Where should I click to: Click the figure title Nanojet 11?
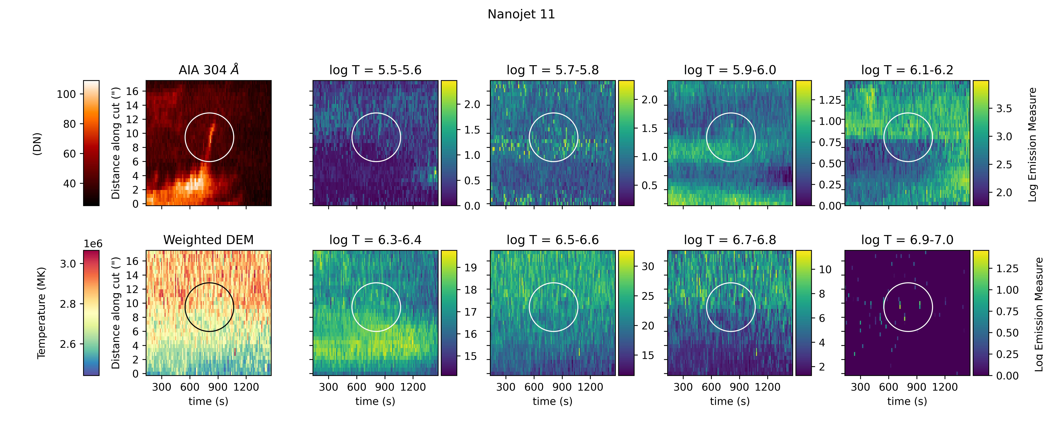(x=521, y=14)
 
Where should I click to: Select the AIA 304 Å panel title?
(x=208, y=70)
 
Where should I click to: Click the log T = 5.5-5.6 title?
(x=375, y=70)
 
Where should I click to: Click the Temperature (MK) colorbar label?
(x=41, y=313)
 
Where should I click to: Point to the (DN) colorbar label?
(x=37, y=144)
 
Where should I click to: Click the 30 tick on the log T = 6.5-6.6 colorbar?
(x=648, y=266)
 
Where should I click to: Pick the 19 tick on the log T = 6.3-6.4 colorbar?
(x=470, y=268)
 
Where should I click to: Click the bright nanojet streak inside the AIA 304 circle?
(x=211, y=136)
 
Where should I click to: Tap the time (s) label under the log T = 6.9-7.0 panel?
(x=907, y=401)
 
